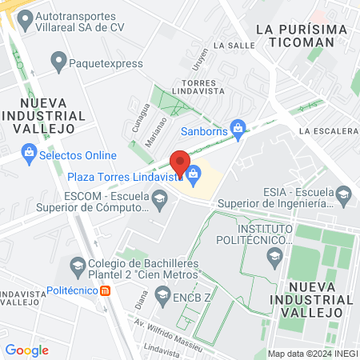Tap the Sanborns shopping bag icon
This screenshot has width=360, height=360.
(238, 126)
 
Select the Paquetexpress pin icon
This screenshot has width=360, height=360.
(58, 61)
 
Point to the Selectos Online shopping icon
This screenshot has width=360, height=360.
(29, 150)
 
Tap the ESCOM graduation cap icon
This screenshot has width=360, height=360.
(160, 200)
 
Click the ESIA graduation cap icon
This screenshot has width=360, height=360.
(343, 193)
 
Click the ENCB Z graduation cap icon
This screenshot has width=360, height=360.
(163, 296)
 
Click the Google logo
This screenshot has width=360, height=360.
(26, 350)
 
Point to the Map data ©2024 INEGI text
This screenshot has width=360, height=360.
(311, 353)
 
